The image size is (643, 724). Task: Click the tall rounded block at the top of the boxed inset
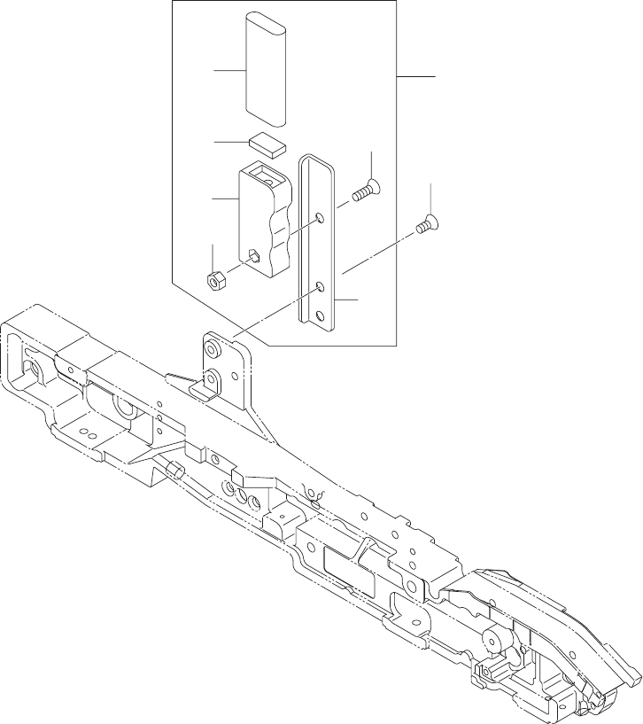(267, 69)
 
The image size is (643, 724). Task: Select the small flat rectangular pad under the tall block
(267, 143)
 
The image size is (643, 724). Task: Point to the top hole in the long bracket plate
(320, 217)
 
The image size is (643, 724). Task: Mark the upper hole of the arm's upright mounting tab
(212, 345)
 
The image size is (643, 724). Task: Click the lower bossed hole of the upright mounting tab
(213, 378)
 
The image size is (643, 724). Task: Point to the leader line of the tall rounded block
(229, 70)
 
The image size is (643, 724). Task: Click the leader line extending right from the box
(415, 77)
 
